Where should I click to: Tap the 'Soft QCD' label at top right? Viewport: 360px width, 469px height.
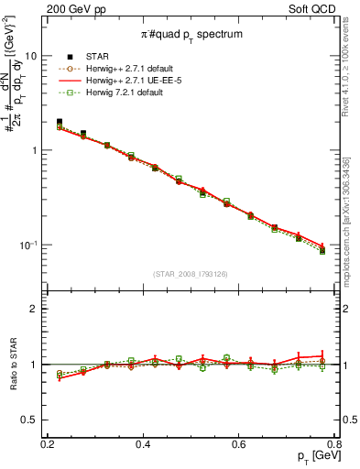click(x=322, y=7)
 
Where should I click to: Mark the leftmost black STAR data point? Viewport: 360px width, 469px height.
click(x=60, y=122)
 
